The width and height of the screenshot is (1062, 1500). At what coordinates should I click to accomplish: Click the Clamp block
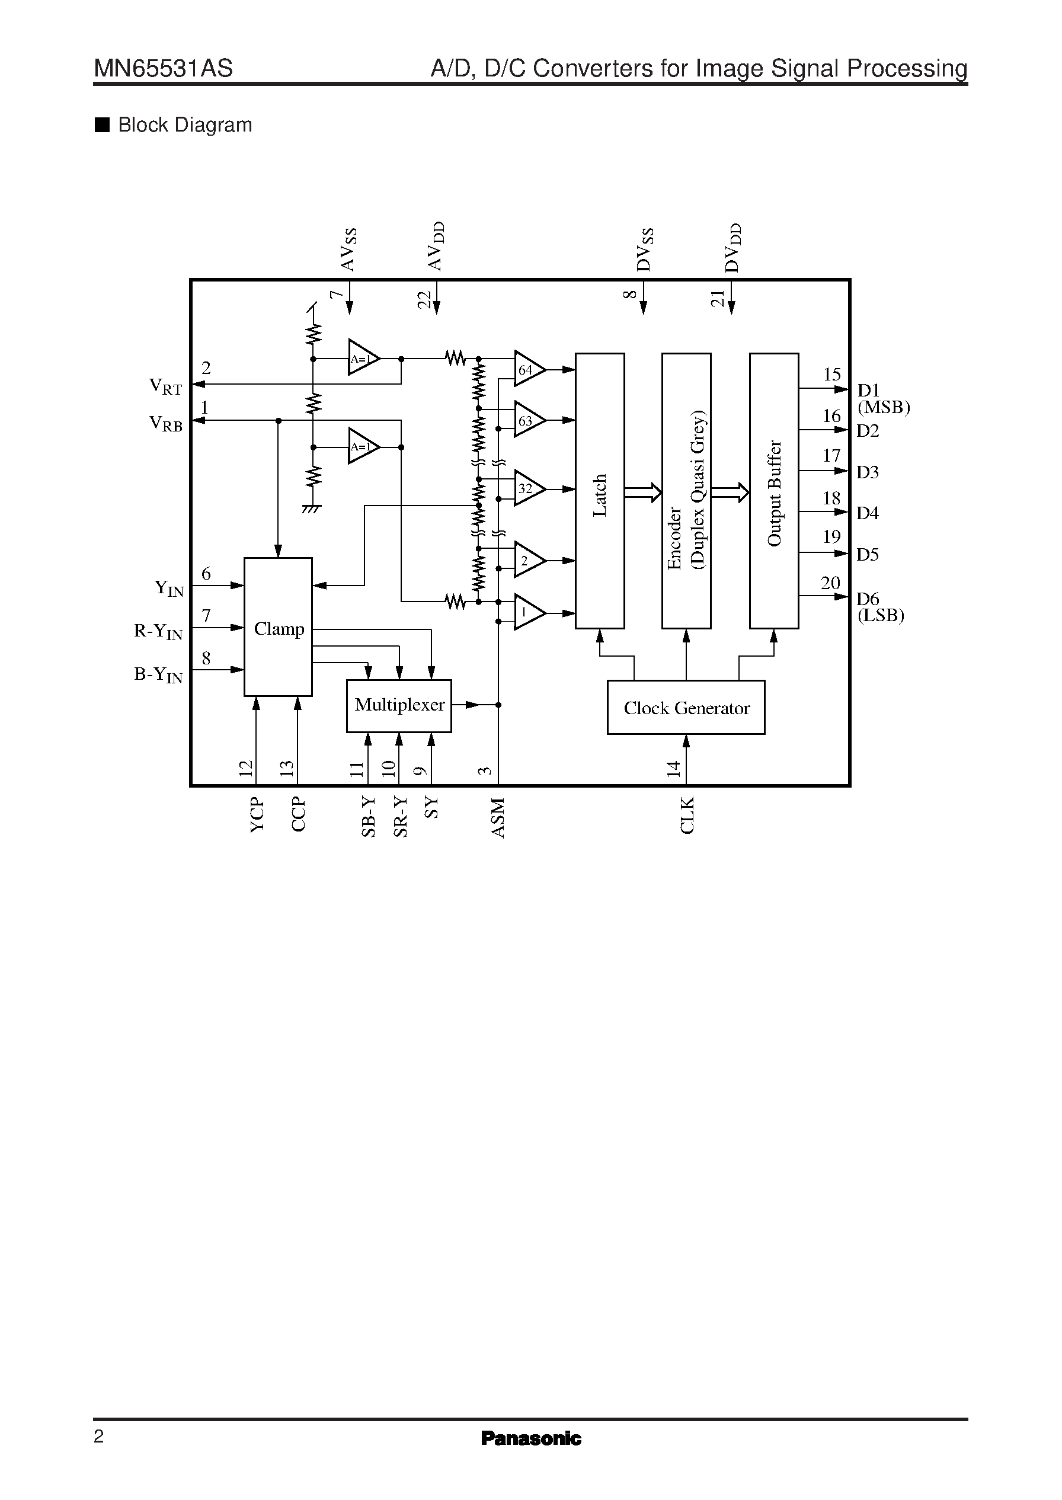pyautogui.click(x=278, y=627)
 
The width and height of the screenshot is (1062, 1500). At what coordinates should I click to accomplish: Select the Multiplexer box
pyautogui.click(x=399, y=705)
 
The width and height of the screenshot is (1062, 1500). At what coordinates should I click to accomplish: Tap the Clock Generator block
pyautogui.click(x=686, y=708)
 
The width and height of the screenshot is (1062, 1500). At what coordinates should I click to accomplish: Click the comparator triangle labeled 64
pyautogui.click(x=527, y=370)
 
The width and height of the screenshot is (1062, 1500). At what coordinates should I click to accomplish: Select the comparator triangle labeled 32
pyautogui.click(x=527, y=488)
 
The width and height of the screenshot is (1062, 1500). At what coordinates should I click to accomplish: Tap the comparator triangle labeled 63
pyautogui.click(x=527, y=420)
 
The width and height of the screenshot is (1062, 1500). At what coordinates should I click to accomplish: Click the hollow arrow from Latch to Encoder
pyautogui.click(x=643, y=492)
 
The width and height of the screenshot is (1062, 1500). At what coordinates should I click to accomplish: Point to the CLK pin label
pyautogui.click(x=687, y=815)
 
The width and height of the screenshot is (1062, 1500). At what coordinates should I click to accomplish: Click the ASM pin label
pyautogui.click(x=498, y=818)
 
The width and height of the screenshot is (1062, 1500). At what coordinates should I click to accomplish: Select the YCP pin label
pyautogui.click(x=257, y=815)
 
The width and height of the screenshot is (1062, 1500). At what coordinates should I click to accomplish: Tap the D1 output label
pyautogui.click(x=868, y=391)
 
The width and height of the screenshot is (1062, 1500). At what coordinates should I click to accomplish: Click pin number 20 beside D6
pyautogui.click(x=830, y=583)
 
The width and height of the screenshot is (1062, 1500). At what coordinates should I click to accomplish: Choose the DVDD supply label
pyautogui.click(x=733, y=248)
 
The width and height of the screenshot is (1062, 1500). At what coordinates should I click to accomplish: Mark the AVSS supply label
pyautogui.click(x=348, y=250)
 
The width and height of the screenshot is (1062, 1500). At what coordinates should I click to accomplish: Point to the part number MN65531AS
pyautogui.click(x=164, y=69)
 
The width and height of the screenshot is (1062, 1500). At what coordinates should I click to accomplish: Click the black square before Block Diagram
pyautogui.click(x=102, y=125)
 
